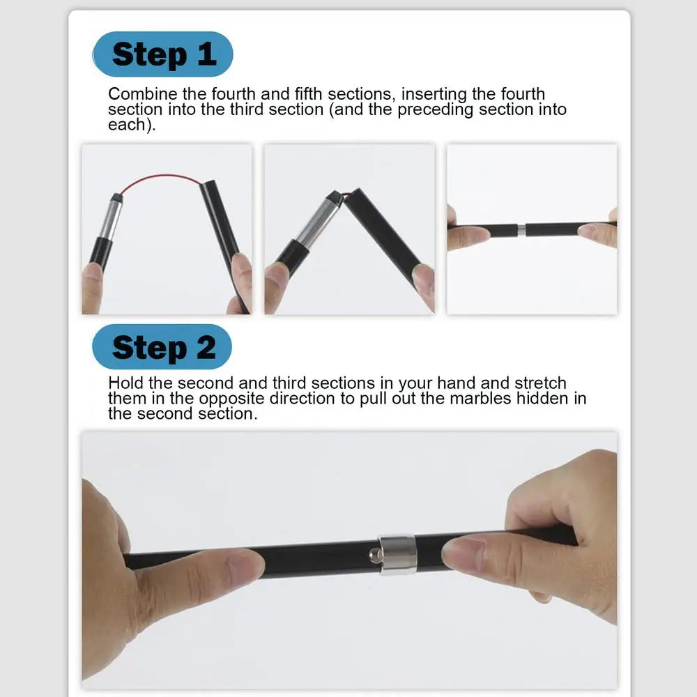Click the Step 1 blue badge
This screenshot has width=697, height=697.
click(x=162, y=54)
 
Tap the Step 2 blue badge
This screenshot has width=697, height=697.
click(x=162, y=346)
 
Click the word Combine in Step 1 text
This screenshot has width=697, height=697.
click(x=143, y=94)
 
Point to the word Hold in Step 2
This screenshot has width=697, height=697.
click(x=125, y=383)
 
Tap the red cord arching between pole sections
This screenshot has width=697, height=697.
click(x=162, y=180)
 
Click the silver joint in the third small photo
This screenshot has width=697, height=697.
click(x=521, y=230)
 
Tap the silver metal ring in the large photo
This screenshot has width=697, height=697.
click(x=397, y=554)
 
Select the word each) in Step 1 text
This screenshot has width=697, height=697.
click(x=132, y=125)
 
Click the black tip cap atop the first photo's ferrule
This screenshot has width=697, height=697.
click(x=116, y=198)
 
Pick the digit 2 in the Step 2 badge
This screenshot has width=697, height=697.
click(x=206, y=347)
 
